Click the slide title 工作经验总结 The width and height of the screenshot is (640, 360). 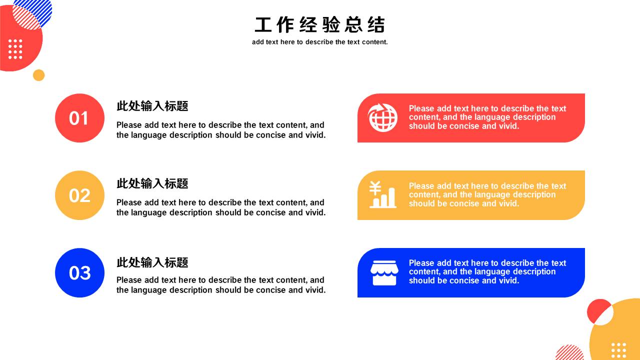[x=319, y=25]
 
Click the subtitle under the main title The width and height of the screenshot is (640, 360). [x=319, y=42]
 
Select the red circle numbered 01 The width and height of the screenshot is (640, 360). [x=79, y=118]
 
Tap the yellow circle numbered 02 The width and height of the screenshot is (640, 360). [x=79, y=195]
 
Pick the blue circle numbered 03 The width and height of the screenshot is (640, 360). [x=79, y=273]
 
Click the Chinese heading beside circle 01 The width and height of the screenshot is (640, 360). [x=152, y=106]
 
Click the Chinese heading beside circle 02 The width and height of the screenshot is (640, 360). [x=152, y=183]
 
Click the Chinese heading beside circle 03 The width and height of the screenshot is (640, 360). [x=152, y=262]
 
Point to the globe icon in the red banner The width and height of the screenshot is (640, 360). [x=382, y=117]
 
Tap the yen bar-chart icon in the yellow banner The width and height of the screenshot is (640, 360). [x=382, y=194]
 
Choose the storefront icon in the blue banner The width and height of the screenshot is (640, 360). [x=384, y=273]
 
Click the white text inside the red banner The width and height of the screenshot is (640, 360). [x=487, y=117]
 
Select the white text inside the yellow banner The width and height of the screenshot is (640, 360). [x=487, y=194]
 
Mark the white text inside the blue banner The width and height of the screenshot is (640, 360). [x=487, y=271]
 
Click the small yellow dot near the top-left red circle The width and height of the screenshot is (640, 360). [x=39, y=75]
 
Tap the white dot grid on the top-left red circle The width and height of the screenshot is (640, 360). [x=15, y=49]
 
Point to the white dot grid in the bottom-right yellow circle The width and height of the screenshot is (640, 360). [x=618, y=351]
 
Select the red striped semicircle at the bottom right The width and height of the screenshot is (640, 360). [x=569, y=353]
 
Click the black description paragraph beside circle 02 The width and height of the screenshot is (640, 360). [x=221, y=207]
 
